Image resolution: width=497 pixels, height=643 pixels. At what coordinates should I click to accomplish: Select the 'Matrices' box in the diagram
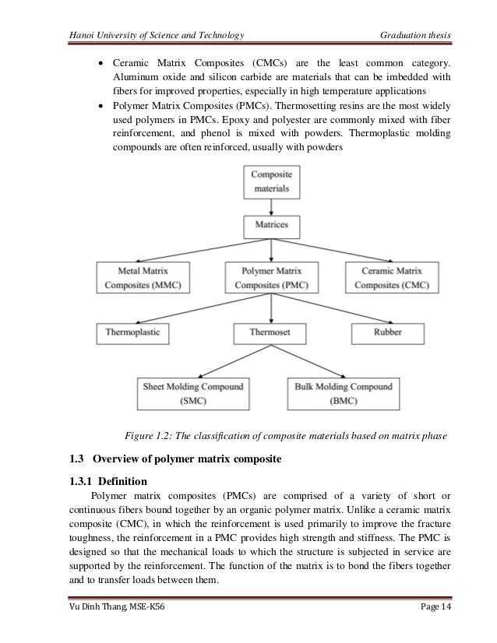[270, 225]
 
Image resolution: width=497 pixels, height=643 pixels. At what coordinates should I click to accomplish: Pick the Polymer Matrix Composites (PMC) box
[270, 277]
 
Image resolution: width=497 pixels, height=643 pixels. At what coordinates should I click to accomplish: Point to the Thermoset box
[270, 332]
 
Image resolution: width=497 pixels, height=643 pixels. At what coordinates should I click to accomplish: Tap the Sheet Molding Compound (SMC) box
[192, 394]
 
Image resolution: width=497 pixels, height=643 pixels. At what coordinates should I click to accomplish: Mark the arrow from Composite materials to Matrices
[270, 206]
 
